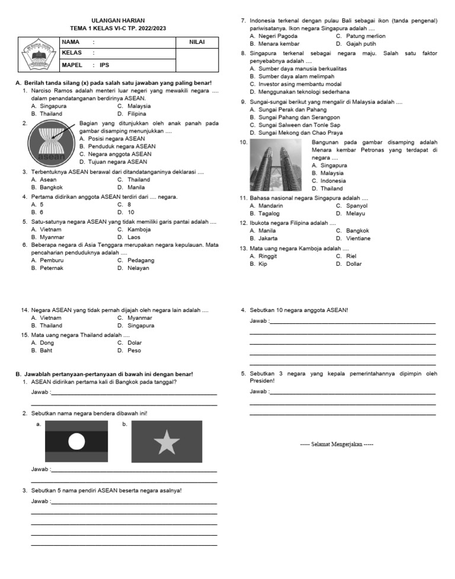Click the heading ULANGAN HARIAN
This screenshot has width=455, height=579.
118,21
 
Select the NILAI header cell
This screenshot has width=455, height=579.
197,42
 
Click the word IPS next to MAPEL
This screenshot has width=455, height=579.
104,66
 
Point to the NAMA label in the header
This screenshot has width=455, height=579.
71,42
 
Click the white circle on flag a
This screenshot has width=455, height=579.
76,441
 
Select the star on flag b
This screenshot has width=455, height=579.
166,442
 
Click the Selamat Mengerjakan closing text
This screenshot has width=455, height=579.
337,444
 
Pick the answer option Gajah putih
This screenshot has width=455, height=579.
361,44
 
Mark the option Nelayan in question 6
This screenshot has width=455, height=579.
138,268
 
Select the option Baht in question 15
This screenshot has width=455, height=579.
46,350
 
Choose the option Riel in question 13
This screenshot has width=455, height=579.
351,256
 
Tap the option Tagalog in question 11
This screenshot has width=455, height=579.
269,213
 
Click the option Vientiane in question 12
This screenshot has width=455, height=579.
358,238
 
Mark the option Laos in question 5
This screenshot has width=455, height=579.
134,237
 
